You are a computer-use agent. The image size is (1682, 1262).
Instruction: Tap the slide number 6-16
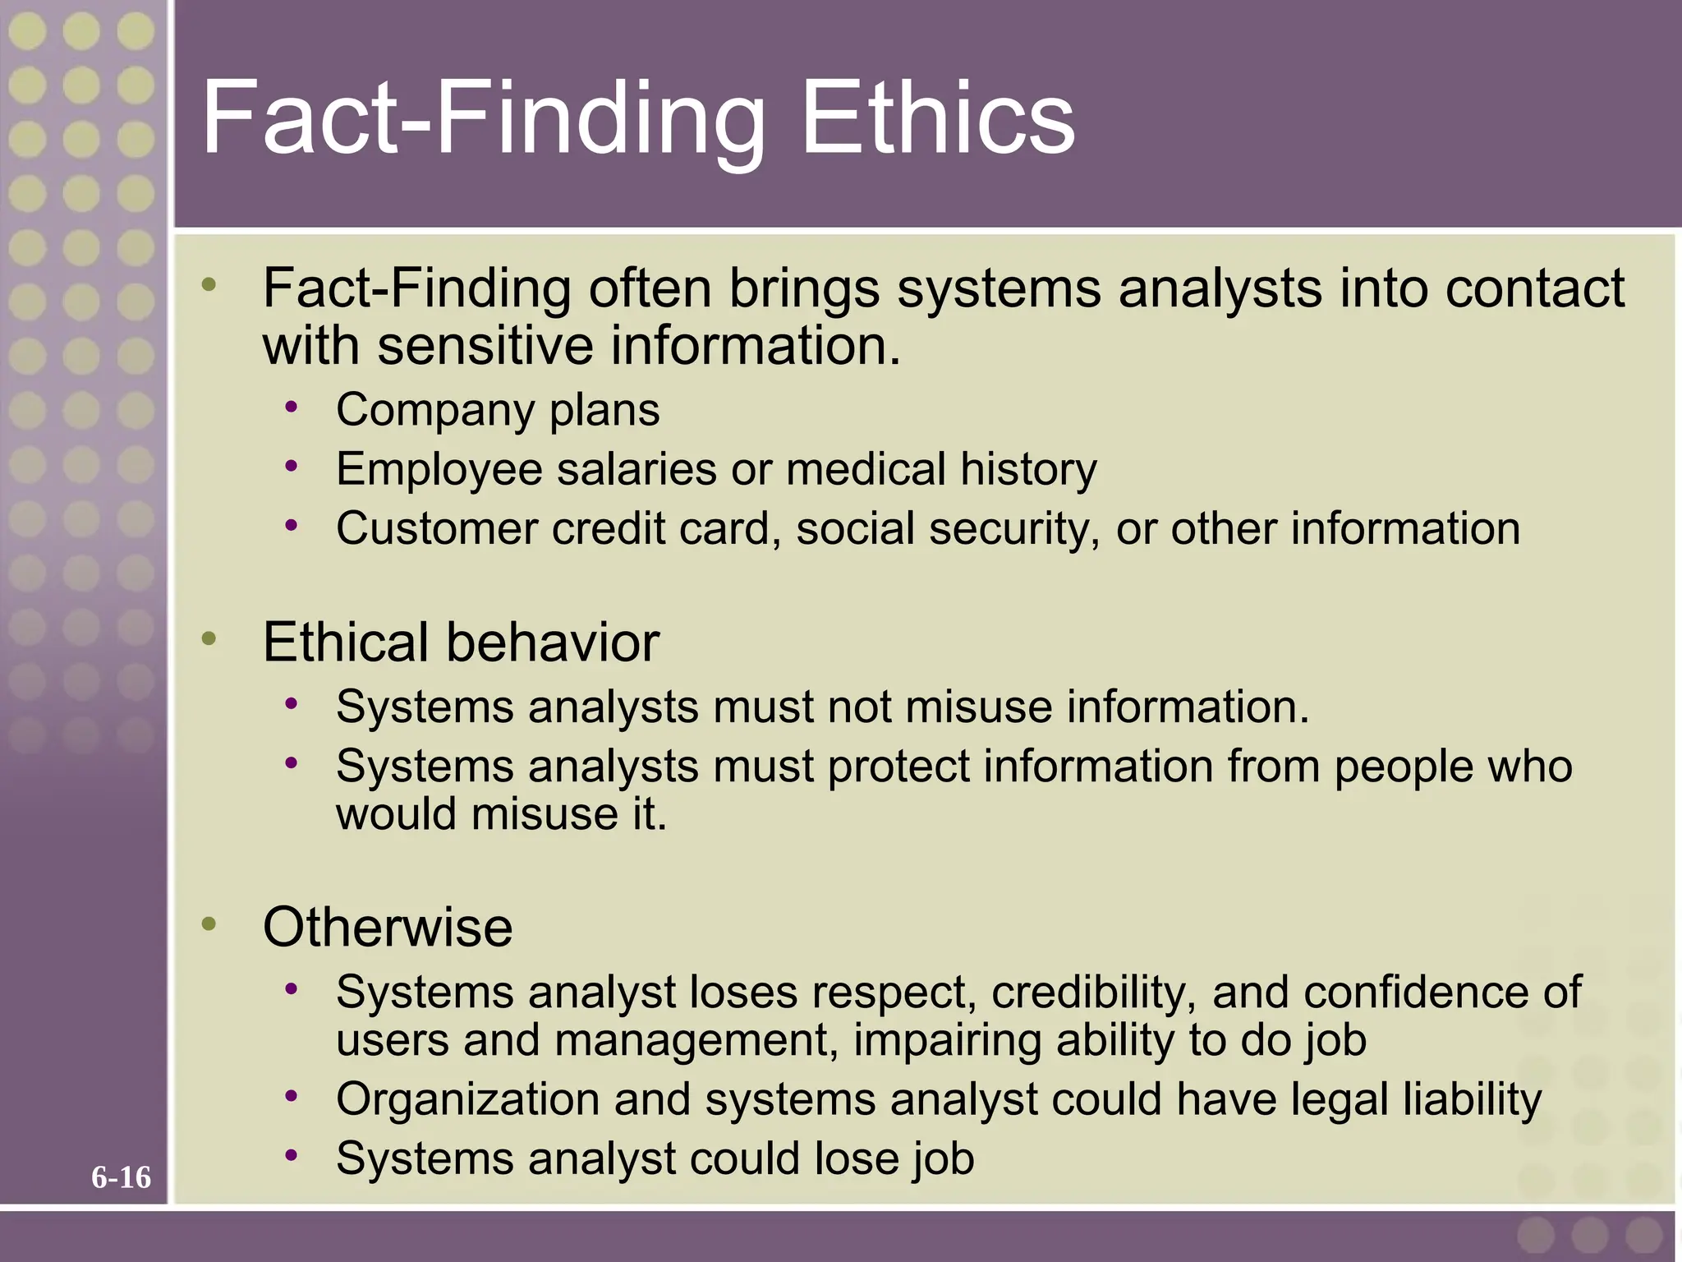click(121, 1177)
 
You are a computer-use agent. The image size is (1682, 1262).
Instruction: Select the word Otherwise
click(388, 927)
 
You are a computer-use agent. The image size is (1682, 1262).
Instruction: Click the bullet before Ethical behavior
click(209, 638)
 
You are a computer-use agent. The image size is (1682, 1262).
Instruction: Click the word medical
click(866, 469)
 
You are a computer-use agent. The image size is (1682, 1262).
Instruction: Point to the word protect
click(898, 767)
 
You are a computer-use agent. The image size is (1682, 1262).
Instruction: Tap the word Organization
click(467, 1099)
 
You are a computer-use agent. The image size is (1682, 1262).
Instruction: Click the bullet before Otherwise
click(209, 923)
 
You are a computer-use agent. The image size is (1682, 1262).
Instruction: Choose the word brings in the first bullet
click(804, 288)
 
